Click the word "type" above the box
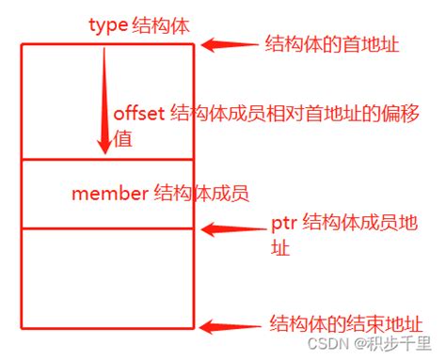[x=108, y=25]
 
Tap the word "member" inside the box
[x=108, y=195]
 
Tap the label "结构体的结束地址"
[x=332, y=321]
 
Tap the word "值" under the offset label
[x=121, y=138]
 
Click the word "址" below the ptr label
[x=279, y=249]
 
